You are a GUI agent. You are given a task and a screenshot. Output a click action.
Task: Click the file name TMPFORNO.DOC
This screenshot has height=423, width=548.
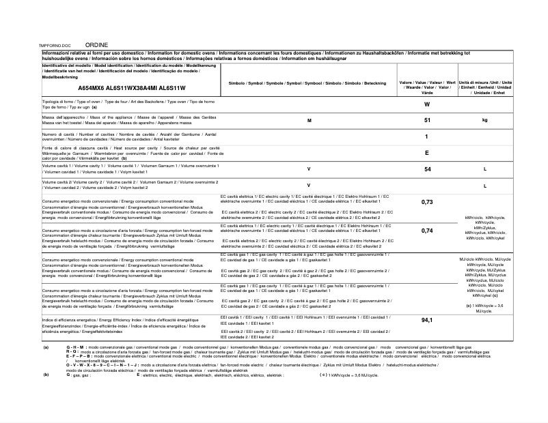(x=56, y=44)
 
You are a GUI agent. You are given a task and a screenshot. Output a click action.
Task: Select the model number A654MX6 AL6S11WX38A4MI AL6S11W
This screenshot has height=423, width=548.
(x=132, y=88)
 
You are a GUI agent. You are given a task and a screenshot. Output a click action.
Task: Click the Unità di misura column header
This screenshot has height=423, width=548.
(x=484, y=87)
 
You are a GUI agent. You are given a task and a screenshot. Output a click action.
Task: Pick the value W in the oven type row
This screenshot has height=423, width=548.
(x=426, y=104)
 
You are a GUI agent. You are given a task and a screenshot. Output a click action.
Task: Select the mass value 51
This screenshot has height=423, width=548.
(x=427, y=120)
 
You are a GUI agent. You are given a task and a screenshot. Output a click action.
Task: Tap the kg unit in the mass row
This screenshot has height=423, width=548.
(x=484, y=120)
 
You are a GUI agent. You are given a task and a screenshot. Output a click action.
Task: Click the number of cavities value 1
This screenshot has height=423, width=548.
(x=426, y=136)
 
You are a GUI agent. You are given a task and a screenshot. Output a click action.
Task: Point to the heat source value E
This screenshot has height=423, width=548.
(x=426, y=153)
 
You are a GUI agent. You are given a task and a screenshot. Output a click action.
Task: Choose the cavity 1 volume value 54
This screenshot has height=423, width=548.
(x=427, y=169)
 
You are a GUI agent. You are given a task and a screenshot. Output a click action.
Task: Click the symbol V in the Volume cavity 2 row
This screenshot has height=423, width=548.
(x=309, y=185)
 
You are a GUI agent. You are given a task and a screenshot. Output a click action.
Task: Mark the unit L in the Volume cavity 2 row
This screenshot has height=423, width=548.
(x=484, y=186)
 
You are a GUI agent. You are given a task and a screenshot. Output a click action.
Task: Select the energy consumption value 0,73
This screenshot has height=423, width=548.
(x=427, y=202)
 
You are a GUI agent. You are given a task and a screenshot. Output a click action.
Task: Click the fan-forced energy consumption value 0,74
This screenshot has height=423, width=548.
(x=427, y=231)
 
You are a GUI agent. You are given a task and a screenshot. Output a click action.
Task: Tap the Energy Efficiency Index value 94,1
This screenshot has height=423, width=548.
(x=427, y=320)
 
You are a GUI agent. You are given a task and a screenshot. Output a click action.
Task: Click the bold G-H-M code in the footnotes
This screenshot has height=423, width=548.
(x=77, y=348)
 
